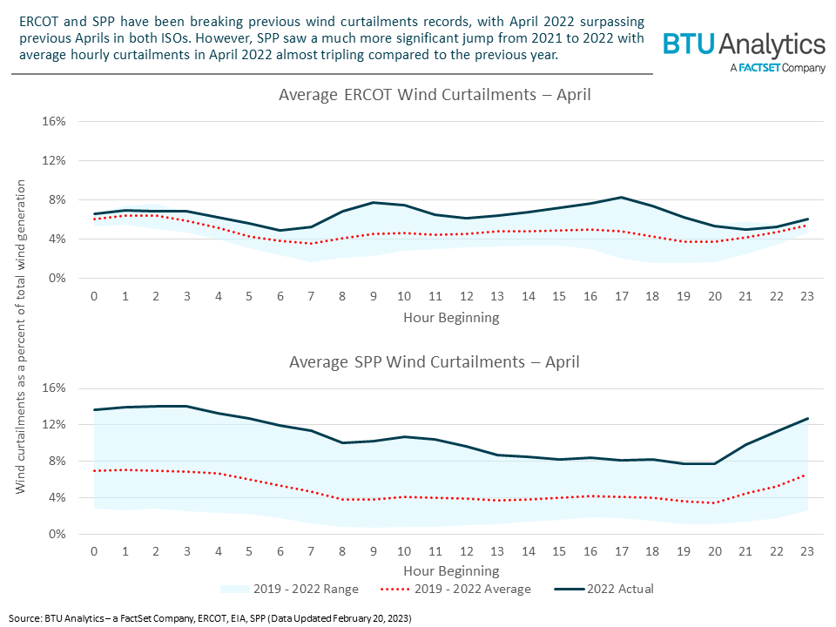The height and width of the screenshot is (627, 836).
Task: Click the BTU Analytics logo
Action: coord(744,45)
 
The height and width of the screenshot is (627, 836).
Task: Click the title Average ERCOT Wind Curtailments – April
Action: coord(435,94)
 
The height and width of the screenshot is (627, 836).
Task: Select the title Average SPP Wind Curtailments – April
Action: coord(435,361)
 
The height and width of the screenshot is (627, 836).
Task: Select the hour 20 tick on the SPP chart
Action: coord(716,552)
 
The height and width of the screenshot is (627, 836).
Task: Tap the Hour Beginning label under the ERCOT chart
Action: coord(451,317)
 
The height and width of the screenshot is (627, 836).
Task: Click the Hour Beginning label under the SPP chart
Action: coord(451,571)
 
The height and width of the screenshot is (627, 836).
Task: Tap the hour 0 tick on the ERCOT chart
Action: coord(95,296)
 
